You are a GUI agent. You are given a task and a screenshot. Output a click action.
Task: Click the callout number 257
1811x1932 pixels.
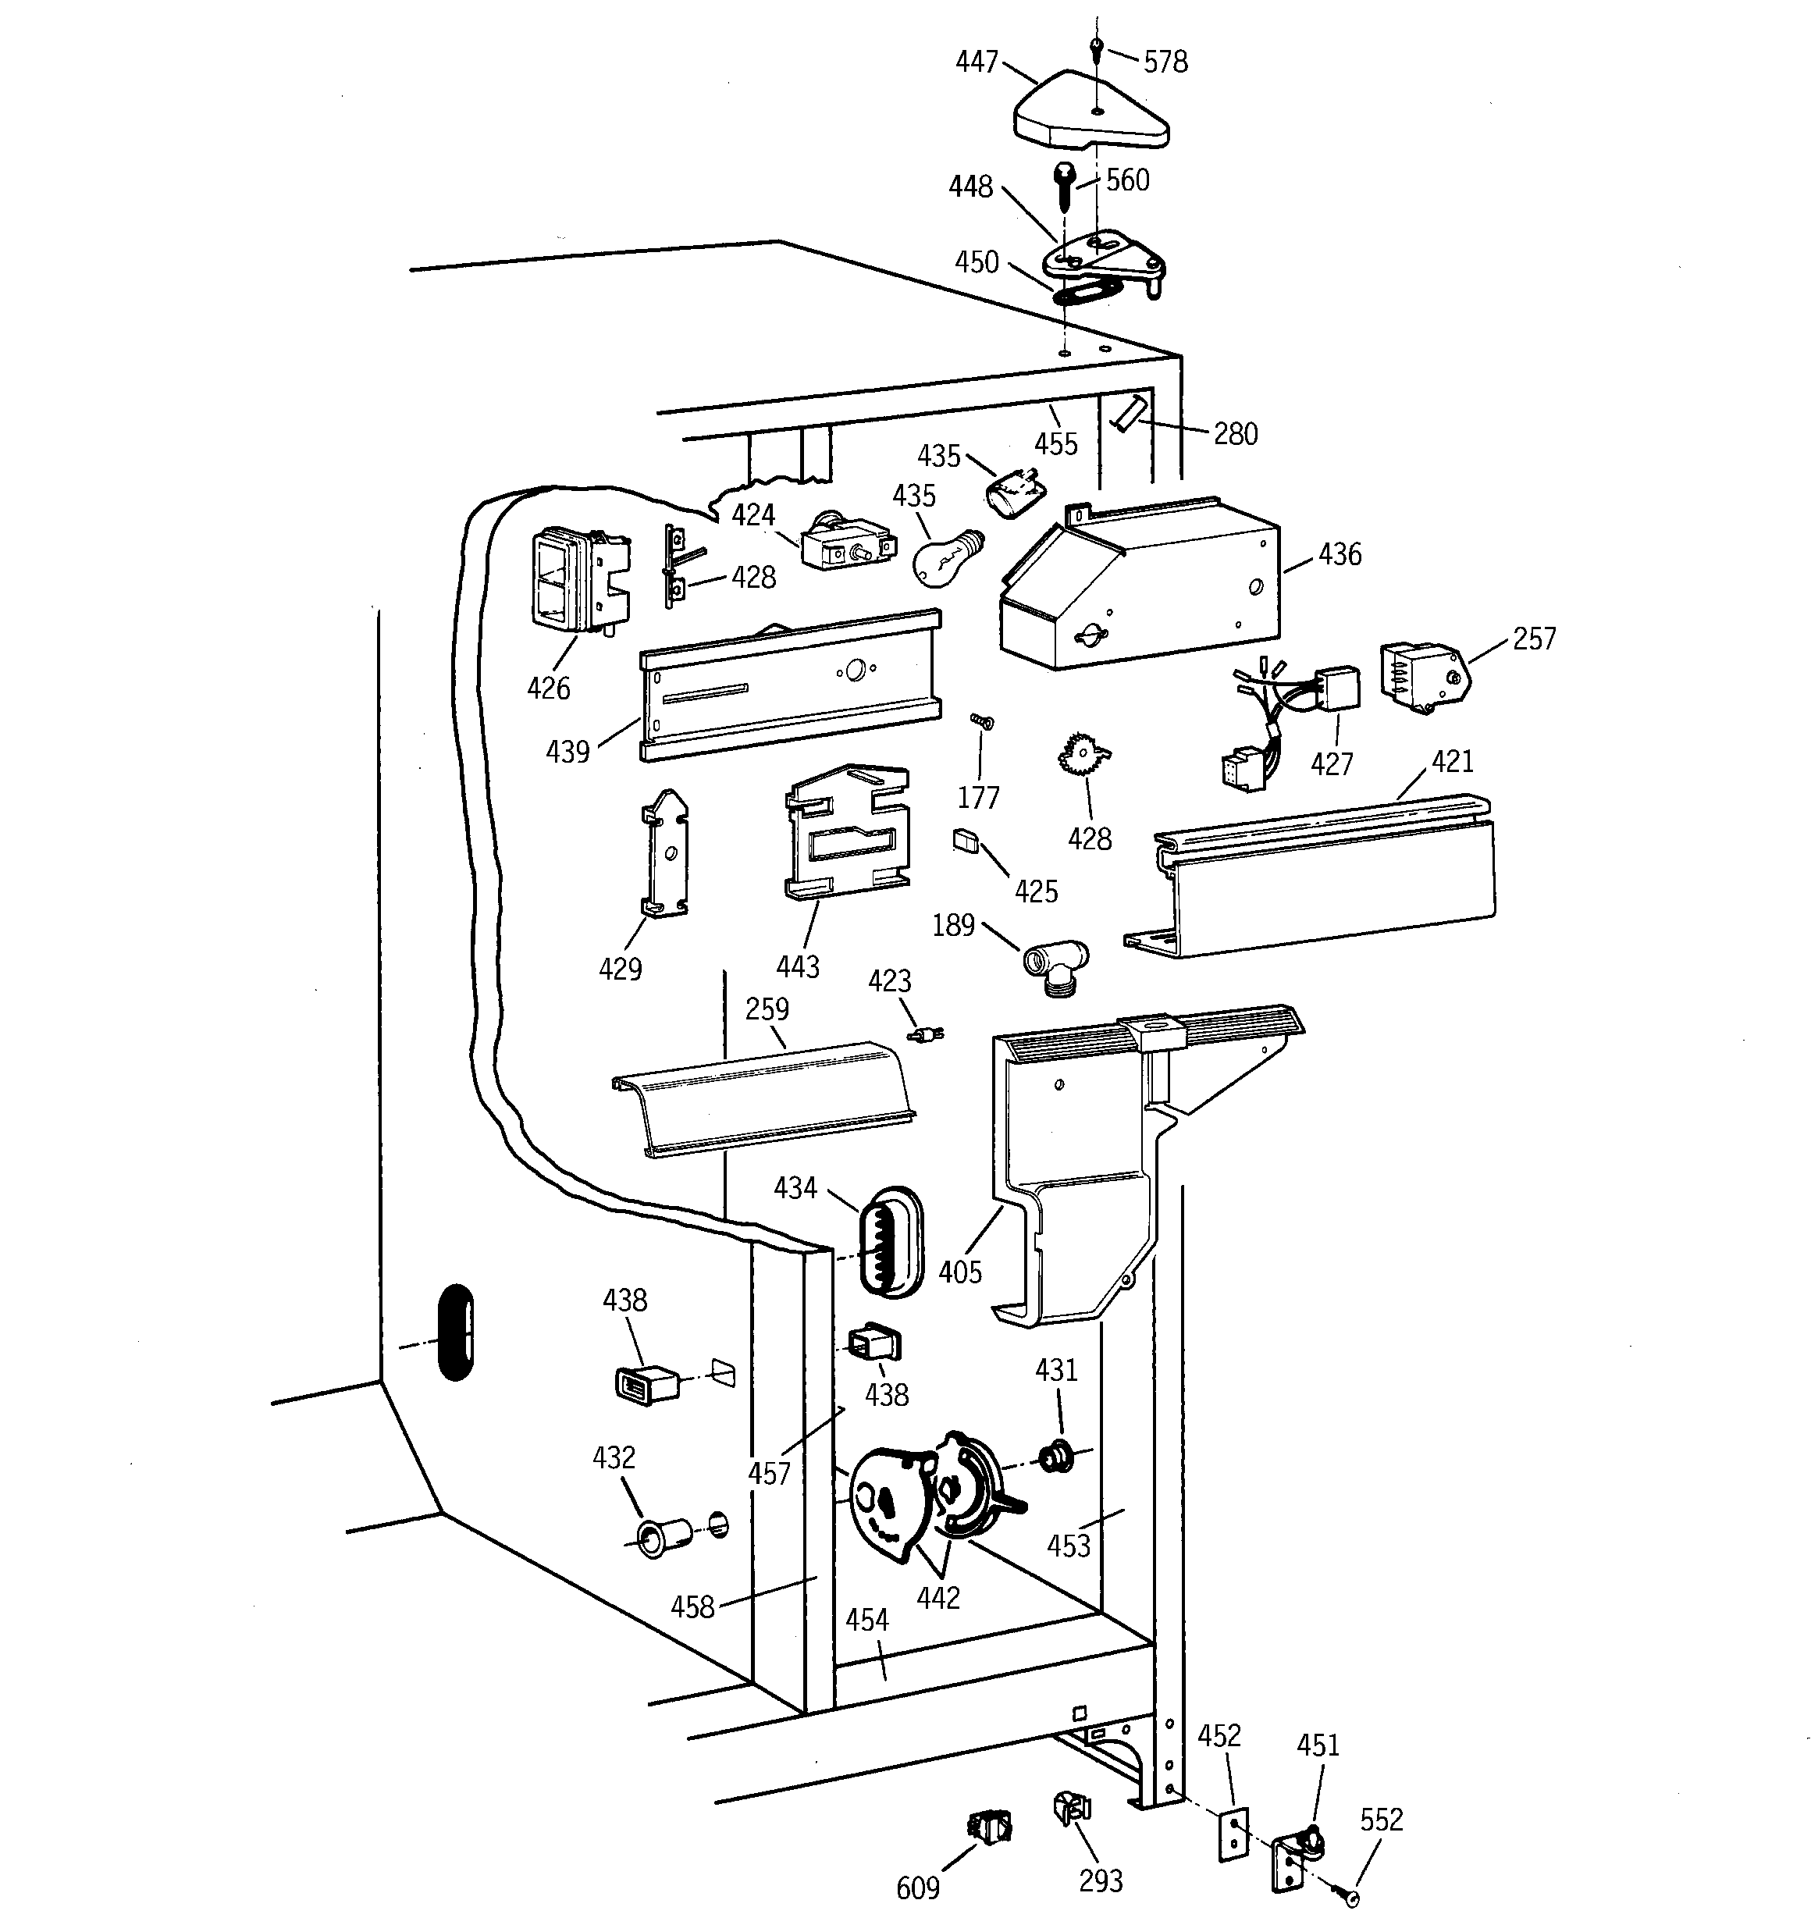(x=1533, y=639)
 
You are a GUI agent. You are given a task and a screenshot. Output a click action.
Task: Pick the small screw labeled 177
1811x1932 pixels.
(x=981, y=721)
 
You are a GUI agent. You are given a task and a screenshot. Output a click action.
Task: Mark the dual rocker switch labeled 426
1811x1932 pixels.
(x=576, y=580)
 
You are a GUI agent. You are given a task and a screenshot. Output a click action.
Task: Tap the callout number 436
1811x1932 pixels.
(x=1339, y=554)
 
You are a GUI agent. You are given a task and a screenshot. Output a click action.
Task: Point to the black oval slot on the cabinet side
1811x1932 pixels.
(x=455, y=1332)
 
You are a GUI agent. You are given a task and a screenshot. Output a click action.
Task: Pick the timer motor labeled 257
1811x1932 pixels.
(x=1421, y=675)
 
